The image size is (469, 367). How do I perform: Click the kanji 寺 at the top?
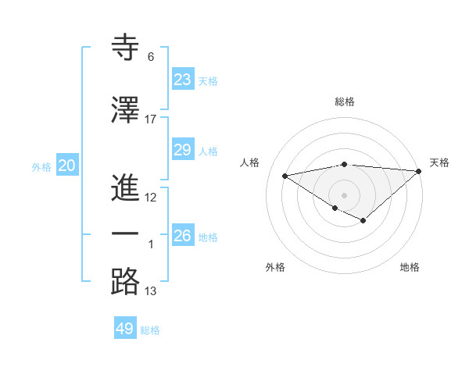click(x=126, y=48)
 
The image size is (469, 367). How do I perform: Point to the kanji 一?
click(x=126, y=234)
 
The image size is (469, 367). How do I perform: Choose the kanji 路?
click(x=126, y=282)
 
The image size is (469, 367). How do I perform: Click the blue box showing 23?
click(x=182, y=79)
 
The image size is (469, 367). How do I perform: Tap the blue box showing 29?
click(x=182, y=150)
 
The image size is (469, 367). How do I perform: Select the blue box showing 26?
click(x=182, y=235)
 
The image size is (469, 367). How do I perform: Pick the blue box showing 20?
click(x=66, y=166)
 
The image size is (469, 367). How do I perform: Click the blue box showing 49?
click(x=125, y=329)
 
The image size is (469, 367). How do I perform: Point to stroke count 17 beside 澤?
click(x=151, y=119)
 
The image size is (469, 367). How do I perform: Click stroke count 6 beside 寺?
click(x=150, y=58)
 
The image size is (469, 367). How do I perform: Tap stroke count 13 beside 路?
click(x=151, y=292)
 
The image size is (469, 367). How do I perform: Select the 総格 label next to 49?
click(x=150, y=330)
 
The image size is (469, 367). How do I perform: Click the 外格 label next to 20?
click(x=41, y=167)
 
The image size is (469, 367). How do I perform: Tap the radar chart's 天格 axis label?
click(x=439, y=162)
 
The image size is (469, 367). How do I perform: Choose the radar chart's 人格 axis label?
click(x=250, y=162)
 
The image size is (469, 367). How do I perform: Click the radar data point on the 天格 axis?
click(x=419, y=171)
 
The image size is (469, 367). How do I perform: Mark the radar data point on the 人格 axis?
click(x=285, y=175)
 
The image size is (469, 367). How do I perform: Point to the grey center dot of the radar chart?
click(x=344, y=194)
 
